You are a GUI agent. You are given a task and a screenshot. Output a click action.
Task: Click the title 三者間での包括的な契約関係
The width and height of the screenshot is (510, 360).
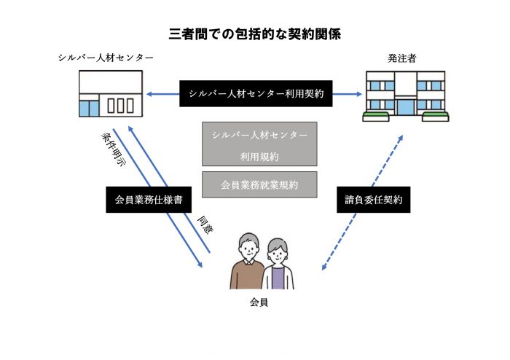click(254, 34)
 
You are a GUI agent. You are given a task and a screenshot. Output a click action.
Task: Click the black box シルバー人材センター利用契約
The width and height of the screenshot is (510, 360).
click(256, 93)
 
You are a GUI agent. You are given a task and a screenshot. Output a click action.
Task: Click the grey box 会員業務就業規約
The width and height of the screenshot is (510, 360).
click(259, 184)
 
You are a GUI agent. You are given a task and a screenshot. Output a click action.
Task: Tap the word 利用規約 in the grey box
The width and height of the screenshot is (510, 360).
click(259, 156)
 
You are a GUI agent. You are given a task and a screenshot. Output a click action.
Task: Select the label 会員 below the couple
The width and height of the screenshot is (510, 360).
click(259, 301)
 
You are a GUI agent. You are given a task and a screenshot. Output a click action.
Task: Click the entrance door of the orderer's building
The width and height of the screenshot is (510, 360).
click(404, 108)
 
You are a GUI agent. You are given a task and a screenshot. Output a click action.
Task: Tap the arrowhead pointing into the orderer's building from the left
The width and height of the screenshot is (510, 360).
click(358, 93)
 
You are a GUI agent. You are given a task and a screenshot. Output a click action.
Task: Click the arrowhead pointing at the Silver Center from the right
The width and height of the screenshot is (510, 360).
click(149, 93)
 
